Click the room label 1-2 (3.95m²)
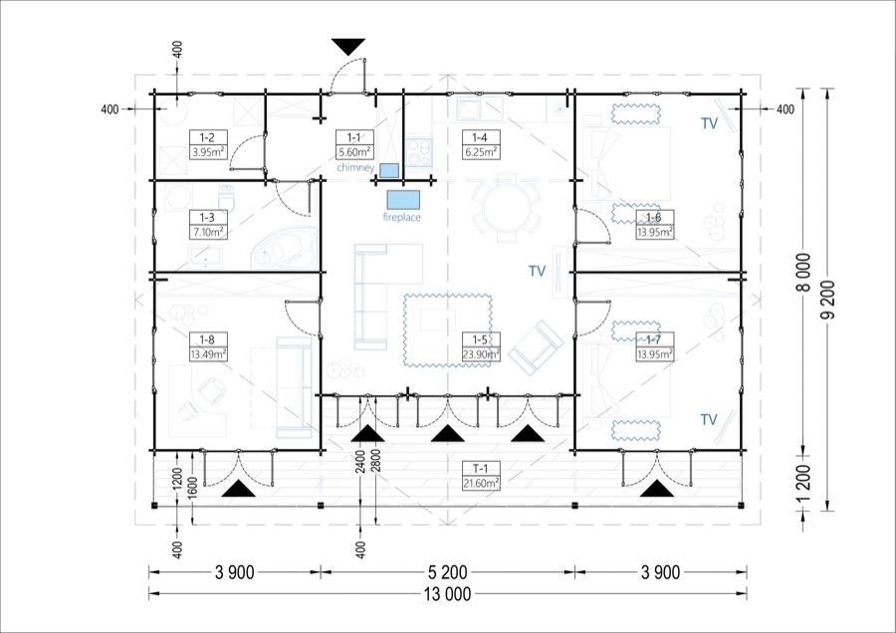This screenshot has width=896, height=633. (x=209, y=144)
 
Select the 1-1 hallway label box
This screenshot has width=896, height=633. (x=354, y=144)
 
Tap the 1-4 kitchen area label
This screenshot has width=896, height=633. (x=481, y=144)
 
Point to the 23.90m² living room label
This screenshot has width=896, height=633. (x=481, y=354)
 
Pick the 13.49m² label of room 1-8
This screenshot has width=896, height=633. (x=209, y=354)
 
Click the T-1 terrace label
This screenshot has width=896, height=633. (x=481, y=476)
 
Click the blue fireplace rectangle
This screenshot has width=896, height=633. (x=403, y=199)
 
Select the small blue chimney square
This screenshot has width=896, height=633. (x=389, y=170)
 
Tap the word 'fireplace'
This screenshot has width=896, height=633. (x=402, y=217)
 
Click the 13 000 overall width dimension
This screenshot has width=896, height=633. (x=448, y=594)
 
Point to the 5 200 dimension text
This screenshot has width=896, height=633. (x=447, y=572)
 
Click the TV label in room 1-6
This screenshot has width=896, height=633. (x=709, y=123)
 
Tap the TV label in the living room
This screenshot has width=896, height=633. (x=538, y=271)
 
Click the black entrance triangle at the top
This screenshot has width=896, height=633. (x=348, y=46)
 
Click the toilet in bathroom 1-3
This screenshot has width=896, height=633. (x=227, y=197)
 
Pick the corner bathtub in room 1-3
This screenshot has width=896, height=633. (x=284, y=249)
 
